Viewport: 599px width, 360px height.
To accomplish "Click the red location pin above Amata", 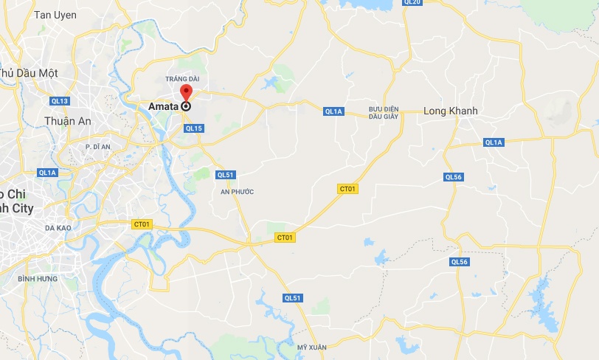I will [x=185, y=92].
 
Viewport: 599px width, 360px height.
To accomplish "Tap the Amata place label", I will [x=163, y=106].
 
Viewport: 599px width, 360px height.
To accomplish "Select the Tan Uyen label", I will [x=55, y=15].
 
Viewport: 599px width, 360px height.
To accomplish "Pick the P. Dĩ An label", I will [x=97, y=147].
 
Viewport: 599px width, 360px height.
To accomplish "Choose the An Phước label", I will [x=237, y=192].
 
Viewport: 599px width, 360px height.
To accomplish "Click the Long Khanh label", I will [x=451, y=111].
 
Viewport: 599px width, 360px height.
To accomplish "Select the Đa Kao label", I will [x=58, y=228].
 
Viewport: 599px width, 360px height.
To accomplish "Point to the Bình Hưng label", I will [x=38, y=279].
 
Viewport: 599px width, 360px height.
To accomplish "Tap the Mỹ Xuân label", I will [x=311, y=347].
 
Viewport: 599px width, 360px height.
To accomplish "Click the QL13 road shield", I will [x=60, y=101].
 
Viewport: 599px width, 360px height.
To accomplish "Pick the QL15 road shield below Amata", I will [x=193, y=128].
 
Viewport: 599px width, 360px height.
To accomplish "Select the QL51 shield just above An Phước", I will [x=225, y=175].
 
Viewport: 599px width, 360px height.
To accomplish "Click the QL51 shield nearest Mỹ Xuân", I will [x=292, y=297].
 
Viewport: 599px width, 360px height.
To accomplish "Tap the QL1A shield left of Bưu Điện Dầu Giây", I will [x=333, y=111].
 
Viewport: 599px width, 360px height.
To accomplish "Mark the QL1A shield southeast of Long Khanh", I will [x=494, y=142].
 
